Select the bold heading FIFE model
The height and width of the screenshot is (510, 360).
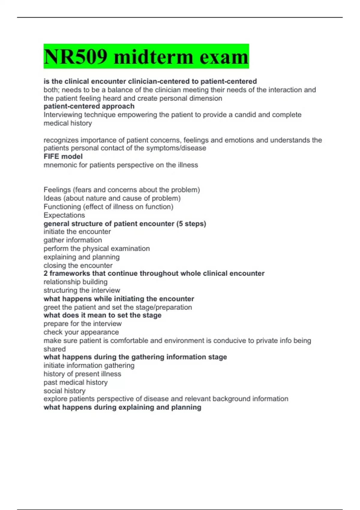click(x=63, y=156)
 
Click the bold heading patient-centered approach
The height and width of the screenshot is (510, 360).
click(x=89, y=106)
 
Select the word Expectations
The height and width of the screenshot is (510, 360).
click(x=64, y=215)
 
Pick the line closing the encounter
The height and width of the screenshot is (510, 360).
click(x=78, y=265)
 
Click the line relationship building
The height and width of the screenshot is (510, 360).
click(x=75, y=282)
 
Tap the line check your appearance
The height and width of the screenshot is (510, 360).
click(x=81, y=332)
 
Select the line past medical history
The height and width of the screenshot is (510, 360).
click(x=75, y=382)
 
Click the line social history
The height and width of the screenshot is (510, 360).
click(x=64, y=391)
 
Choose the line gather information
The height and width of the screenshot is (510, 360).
click(x=73, y=240)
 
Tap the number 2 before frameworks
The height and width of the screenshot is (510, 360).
click(x=46, y=273)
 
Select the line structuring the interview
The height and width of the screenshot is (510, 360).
click(x=82, y=290)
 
